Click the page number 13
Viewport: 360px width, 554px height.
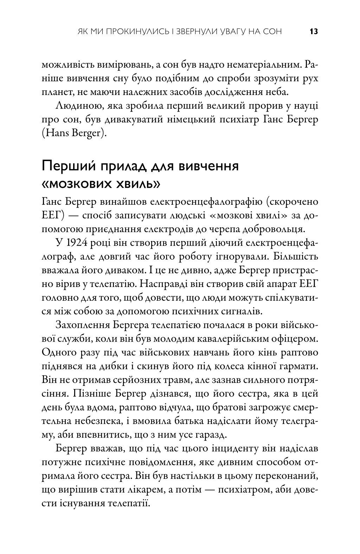pos(314,32)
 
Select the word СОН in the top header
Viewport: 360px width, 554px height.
pos(272,32)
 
